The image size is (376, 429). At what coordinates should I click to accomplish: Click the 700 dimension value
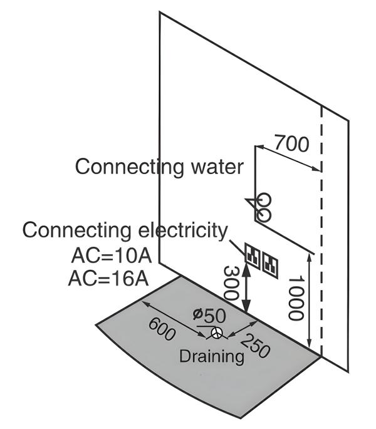[x=291, y=145]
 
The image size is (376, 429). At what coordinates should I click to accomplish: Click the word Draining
[x=211, y=357]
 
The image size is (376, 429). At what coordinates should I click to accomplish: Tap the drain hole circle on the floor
[x=216, y=333]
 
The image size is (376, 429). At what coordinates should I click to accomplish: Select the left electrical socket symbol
[x=254, y=254]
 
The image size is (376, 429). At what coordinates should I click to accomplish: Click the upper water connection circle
[x=264, y=200]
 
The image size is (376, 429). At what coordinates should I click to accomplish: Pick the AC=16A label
[x=107, y=277]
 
